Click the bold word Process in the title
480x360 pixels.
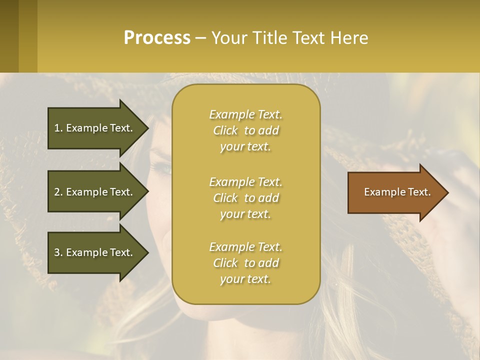[157, 38]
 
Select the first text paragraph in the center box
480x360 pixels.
[245, 130]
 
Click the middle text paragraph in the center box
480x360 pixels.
[245, 198]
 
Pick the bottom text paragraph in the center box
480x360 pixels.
[245, 263]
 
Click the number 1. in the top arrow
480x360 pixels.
[58, 128]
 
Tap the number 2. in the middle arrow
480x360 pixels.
[58, 192]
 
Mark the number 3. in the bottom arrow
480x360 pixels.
[58, 252]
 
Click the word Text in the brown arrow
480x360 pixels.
[419, 192]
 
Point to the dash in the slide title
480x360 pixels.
[201, 38]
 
